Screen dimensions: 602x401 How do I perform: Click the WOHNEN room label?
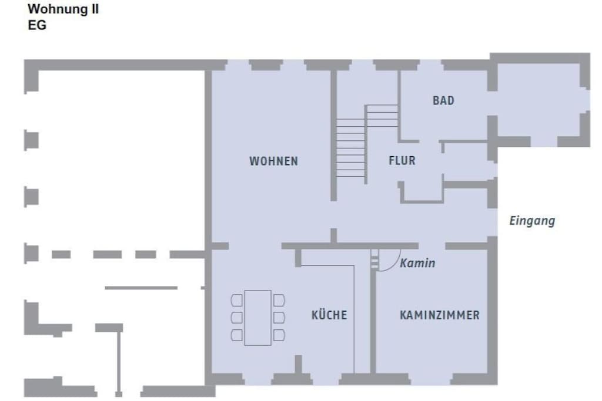pos(273,161)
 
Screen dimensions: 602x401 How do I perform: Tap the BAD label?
pos(443,100)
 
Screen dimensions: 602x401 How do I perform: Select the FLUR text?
pos(402,160)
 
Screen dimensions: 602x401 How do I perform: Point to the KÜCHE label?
pos(329,315)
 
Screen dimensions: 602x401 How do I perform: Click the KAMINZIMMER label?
pos(440,315)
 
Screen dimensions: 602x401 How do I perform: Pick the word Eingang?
pos(532,221)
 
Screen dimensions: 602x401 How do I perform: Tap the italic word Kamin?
pos(417,263)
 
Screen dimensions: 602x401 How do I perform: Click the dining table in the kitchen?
pos(257,318)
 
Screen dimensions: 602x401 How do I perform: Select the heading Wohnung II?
pos(63,9)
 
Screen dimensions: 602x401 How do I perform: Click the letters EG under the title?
pos(37,25)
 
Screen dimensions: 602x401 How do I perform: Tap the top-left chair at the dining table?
pos(237,300)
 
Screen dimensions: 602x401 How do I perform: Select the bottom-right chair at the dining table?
pos(279,335)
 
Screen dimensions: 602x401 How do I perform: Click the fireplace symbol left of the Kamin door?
pos(374,260)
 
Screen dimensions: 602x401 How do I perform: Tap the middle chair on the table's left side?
pos(237,318)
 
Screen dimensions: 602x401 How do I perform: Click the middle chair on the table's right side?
pos(279,318)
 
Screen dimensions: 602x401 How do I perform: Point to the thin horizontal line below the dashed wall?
pos(141,288)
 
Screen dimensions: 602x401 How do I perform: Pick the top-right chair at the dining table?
pos(279,300)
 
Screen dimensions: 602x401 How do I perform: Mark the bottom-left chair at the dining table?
pos(237,335)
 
